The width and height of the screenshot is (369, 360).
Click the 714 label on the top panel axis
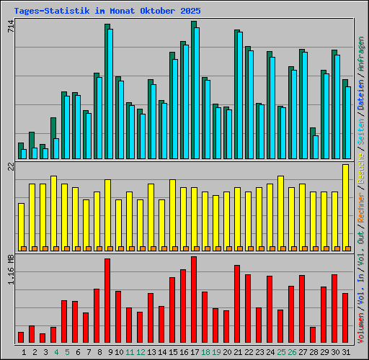tap(10, 27)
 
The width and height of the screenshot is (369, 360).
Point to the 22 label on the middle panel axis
tap(10, 167)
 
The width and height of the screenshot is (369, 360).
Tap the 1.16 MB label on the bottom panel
tap(10, 270)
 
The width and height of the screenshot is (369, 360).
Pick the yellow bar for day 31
tap(345, 207)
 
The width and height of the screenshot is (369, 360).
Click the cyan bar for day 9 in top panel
tap(110, 94)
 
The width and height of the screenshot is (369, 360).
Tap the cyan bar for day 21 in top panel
tap(239, 95)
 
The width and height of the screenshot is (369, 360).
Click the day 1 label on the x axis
tap(25, 351)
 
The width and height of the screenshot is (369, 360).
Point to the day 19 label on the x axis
tap(216, 351)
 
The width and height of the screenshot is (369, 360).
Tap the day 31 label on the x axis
tap(346, 351)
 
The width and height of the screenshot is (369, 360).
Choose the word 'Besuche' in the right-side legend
tap(361, 166)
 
